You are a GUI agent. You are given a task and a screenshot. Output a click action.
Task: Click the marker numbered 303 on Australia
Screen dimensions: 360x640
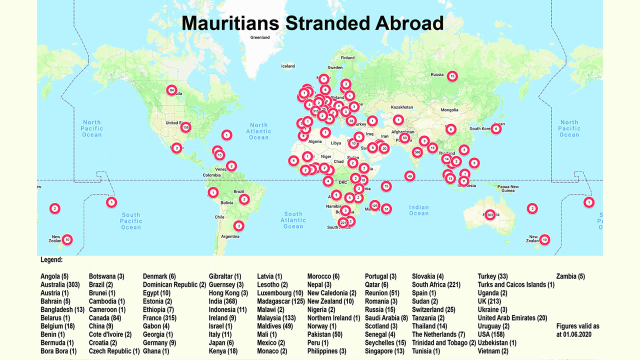[490, 214]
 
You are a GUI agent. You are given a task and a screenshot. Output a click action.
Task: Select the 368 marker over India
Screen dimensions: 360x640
[417, 152]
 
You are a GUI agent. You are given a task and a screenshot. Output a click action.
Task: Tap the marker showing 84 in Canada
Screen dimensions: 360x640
[171, 90]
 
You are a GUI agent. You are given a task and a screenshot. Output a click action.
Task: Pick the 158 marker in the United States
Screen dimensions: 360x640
[186, 127]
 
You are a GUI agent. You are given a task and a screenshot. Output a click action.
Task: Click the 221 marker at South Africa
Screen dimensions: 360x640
[343, 222]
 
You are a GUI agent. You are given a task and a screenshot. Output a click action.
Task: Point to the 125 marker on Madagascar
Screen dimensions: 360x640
[374, 205]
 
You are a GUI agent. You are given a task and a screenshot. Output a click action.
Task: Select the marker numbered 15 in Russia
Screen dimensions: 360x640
[452, 76]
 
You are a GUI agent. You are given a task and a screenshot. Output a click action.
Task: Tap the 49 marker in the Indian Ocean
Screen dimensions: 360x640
[410, 176]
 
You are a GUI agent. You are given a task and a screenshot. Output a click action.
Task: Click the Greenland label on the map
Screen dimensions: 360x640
[260, 37]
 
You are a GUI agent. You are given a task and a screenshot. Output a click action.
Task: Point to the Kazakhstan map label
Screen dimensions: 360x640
[401, 107]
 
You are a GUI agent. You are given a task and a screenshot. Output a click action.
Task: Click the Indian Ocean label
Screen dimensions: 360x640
[418, 210]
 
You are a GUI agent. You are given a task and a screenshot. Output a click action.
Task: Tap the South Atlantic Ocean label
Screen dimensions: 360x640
[293, 220]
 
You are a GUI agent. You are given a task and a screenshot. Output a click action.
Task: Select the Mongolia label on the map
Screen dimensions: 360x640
[449, 110]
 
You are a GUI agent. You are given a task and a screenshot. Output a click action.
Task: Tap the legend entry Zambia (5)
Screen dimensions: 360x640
[570, 276]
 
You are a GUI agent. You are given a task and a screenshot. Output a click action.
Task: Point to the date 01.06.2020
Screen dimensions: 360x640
[574, 334]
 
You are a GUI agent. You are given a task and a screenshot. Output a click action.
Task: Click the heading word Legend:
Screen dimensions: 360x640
[51, 260]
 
